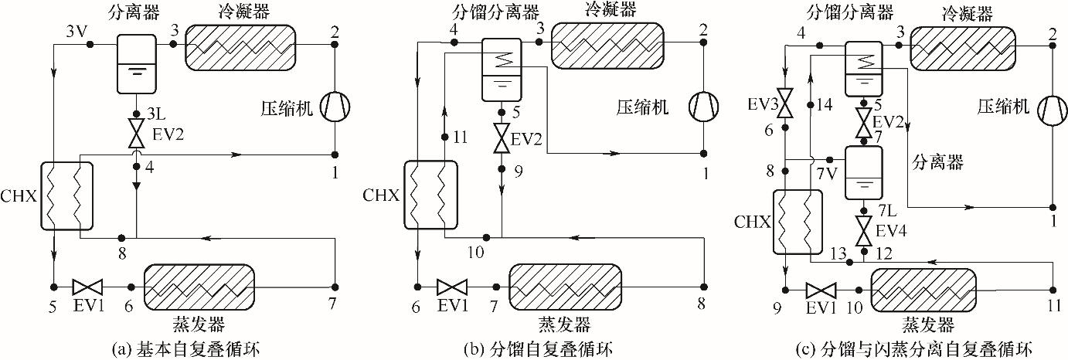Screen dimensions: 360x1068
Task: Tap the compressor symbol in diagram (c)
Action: point(1051,108)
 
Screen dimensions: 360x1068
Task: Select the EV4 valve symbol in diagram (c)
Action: point(865,229)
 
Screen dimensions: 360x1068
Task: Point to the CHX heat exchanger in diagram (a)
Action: point(66,196)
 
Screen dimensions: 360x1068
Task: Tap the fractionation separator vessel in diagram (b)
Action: point(502,70)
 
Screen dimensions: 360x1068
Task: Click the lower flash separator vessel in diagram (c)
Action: point(865,172)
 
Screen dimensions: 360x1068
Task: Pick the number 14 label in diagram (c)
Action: point(825,105)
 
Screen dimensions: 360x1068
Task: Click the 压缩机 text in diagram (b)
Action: point(645,107)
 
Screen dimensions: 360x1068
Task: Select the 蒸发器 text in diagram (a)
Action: point(199,323)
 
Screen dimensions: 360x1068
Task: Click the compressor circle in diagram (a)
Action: point(335,108)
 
